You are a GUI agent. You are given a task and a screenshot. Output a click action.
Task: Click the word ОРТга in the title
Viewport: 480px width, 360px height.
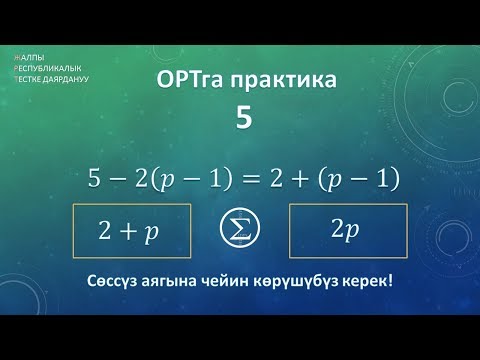tap(187, 82)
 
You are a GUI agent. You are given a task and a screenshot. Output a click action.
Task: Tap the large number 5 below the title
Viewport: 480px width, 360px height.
tap(243, 119)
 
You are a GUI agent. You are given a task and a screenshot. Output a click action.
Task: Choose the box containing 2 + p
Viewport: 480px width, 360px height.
tap(128, 231)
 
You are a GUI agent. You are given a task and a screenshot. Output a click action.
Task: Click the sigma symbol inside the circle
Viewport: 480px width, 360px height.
tap(239, 231)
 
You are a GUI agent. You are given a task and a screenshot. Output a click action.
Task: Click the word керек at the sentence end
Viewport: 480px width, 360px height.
tap(372, 280)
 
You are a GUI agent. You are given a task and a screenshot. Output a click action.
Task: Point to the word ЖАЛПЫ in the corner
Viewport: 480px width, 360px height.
tap(29, 58)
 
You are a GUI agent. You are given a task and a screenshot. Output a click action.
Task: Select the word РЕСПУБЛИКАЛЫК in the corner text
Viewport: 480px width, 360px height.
tap(46, 68)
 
